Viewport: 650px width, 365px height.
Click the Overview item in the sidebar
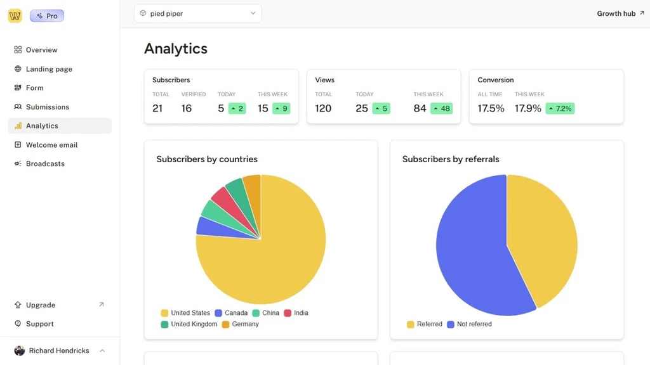click(41, 50)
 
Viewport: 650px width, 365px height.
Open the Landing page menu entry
click(49, 69)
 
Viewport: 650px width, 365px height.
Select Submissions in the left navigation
click(47, 107)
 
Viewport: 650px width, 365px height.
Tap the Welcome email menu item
click(51, 145)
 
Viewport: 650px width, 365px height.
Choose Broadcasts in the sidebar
click(45, 163)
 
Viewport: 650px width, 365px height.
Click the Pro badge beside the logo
click(47, 16)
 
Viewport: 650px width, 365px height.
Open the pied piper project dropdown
click(197, 13)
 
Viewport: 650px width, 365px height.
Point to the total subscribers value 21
click(157, 108)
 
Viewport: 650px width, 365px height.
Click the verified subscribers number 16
click(187, 108)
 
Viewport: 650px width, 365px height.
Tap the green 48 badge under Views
click(441, 108)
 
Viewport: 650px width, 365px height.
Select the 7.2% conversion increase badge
click(560, 108)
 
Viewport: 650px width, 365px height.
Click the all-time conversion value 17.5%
click(491, 108)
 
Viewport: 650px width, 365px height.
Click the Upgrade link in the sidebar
click(41, 305)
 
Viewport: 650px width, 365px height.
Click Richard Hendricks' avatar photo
click(20, 350)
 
